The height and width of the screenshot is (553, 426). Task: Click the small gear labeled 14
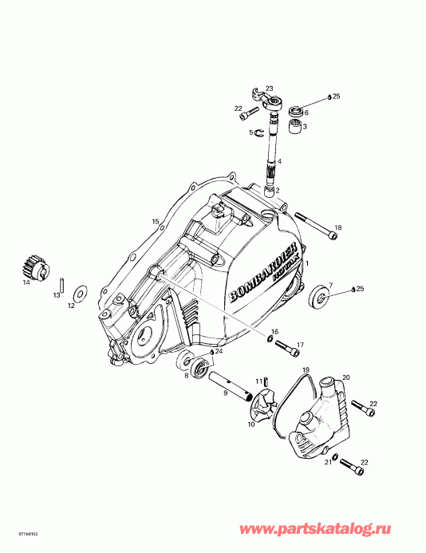pyautogui.click(x=31, y=266)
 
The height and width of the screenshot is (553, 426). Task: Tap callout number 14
pyautogui.click(x=26, y=282)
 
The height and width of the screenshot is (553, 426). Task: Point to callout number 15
pyautogui.click(x=156, y=221)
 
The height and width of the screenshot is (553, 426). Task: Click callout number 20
pyautogui.click(x=346, y=377)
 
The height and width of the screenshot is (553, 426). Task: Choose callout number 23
pyautogui.click(x=269, y=88)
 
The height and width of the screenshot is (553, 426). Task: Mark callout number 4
pyautogui.click(x=279, y=160)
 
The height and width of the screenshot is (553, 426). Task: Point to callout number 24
pyautogui.click(x=219, y=351)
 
